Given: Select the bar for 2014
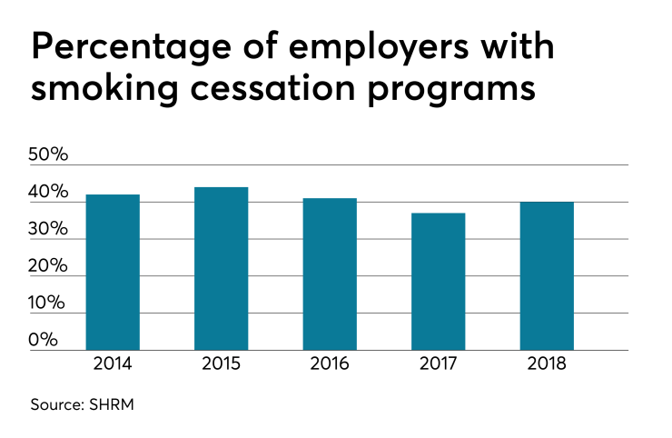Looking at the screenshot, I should (112, 272).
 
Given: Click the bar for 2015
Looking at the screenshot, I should (221, 268).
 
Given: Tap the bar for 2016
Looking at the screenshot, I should (330, 274).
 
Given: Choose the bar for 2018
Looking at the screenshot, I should (547, 275).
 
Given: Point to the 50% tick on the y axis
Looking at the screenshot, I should (49, 154).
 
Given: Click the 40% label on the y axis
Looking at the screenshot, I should (49, 192).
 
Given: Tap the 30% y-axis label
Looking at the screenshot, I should (49, 229).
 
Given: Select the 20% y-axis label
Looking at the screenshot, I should (49, 266).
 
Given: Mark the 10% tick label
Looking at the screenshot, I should (49, 303).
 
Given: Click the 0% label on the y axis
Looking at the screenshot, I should (44, 340).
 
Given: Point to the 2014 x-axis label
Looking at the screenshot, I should (112, 364).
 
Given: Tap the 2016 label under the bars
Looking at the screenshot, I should (330, 364).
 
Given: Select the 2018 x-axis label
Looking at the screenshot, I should (547, 364).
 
